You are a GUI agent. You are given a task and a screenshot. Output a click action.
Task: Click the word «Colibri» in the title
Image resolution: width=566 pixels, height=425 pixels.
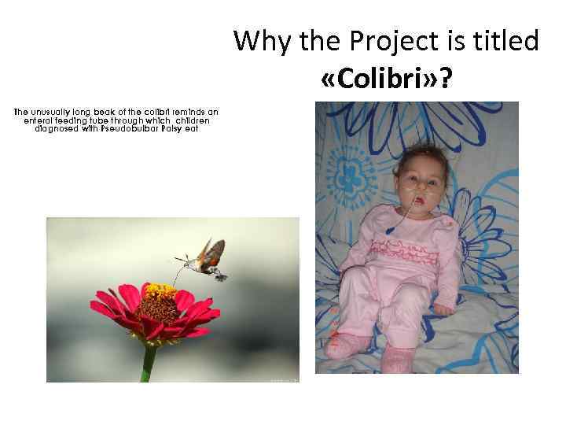coord(386,79)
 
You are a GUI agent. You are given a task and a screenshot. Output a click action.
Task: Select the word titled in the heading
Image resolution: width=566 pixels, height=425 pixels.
coord(509,40)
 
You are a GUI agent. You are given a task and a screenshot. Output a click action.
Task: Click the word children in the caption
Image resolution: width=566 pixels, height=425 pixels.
coord(193,120)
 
